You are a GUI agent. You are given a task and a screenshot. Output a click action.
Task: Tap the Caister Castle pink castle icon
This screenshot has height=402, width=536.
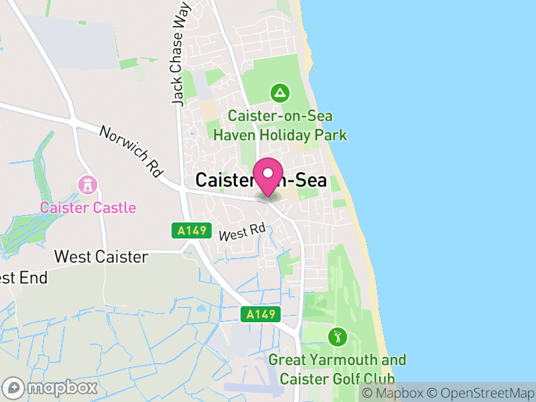pos(86,184)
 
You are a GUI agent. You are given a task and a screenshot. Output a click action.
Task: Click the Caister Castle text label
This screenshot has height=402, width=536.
pos(88,208)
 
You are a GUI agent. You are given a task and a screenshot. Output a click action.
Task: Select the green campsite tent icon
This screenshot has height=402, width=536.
pos(279,91)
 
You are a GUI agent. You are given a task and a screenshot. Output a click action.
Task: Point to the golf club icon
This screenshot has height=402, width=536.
pos(337,336)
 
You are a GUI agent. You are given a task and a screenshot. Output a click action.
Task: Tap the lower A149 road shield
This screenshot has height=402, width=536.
pos(261,315)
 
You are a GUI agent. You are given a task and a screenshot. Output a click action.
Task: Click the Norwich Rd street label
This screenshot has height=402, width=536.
pos(131,151)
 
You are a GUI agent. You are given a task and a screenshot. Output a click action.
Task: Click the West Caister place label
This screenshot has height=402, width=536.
pos(100,257)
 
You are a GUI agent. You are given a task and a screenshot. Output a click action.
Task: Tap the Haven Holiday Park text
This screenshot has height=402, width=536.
pos(280,135)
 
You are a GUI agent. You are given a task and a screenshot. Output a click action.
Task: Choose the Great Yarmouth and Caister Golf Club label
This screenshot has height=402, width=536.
pos(337,369)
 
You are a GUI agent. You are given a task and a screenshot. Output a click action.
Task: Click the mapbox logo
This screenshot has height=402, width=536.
pos(51,387)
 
